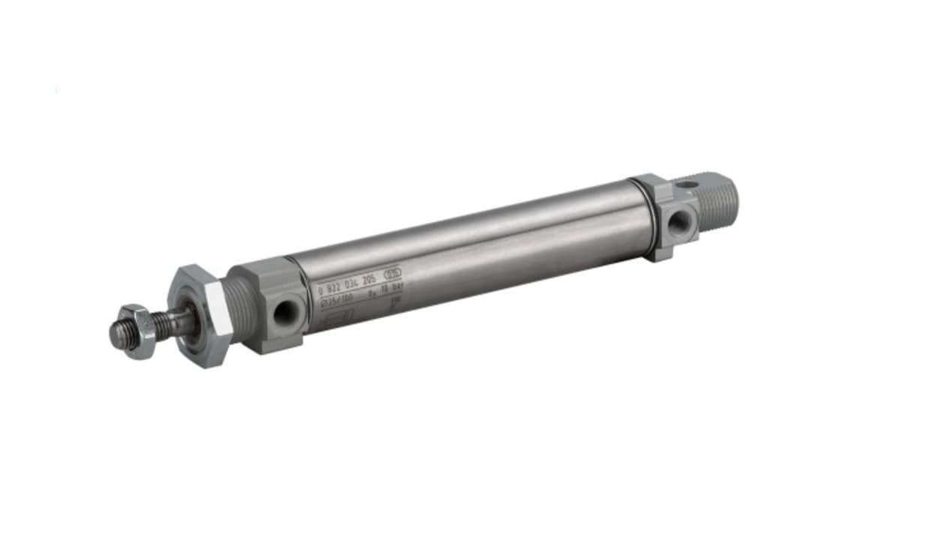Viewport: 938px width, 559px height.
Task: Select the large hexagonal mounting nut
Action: click(197, 315)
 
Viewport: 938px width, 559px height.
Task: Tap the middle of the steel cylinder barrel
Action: click(465, 255)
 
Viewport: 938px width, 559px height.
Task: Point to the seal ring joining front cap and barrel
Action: click(297, 297)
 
